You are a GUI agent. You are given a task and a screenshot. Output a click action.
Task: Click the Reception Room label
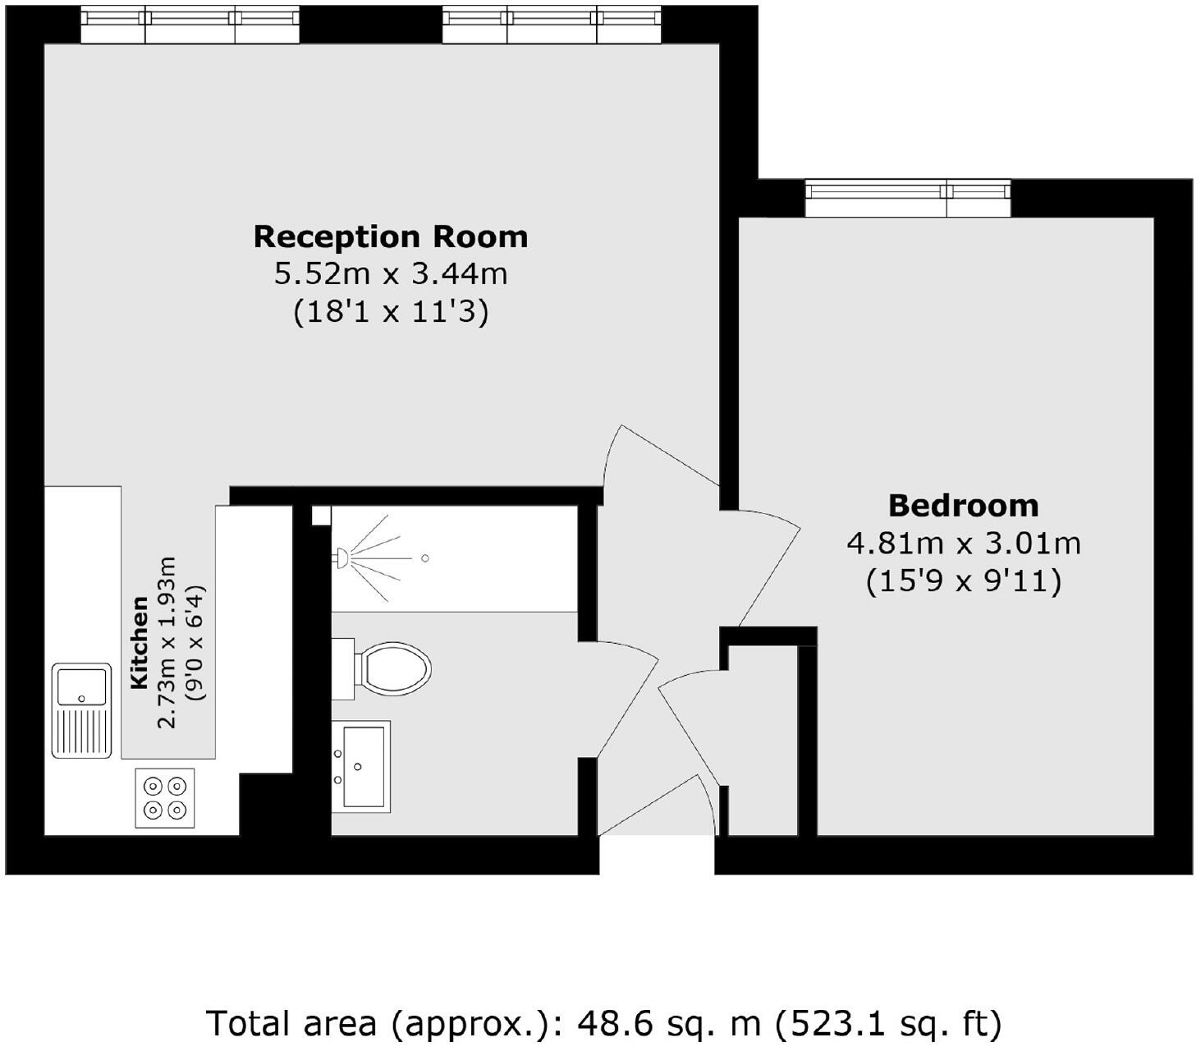[390, 236]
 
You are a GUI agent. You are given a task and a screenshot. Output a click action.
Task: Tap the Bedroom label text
[963, 506]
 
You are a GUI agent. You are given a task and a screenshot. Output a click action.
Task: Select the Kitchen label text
[140, 642]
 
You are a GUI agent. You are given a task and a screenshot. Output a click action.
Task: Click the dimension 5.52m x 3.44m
[390, 273]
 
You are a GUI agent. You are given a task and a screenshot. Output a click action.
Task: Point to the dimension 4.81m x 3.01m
[963, 544]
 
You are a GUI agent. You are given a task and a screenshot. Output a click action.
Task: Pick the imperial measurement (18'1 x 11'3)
[390, 312]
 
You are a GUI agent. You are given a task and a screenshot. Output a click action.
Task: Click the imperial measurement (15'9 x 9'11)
[963, 581]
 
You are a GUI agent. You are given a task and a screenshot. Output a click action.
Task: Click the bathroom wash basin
[361, 765]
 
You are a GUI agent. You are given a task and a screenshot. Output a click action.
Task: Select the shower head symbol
[342, 558]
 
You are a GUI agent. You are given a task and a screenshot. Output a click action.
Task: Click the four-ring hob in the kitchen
[165, 798]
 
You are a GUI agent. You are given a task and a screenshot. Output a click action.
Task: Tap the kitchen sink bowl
[81, 686]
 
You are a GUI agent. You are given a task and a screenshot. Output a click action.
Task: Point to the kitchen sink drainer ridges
[81, 732]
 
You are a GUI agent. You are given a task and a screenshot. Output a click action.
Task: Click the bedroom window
[907, 198]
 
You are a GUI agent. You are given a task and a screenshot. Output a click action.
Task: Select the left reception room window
[190, 25]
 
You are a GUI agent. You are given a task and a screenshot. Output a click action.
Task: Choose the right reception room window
[552, 25]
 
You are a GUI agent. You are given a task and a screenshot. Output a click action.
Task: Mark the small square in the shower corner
[321, 516]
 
